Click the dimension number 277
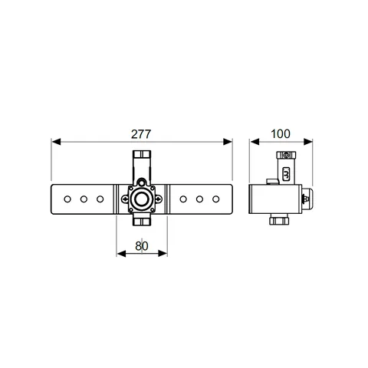pyautogui.click(x=141, y=134)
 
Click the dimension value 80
pyautogui.click(x=142, y=246)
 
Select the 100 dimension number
pyautogui.click(x=281, y=134)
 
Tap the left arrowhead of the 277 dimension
pyautogui.click(x=56, y=142)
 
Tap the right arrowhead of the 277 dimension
pyautogui.click(x=228, y=142)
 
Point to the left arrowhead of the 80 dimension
pyautogui.click(x=121, y=254)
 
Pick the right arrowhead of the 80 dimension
pyautogui.click(x=163, y=254)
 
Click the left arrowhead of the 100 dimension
pyautogui.click(x=255, y=142)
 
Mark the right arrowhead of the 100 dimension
pyautogui.click(x=308, y=142)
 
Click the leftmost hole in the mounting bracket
pyautogui.click(x=67, y=199)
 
